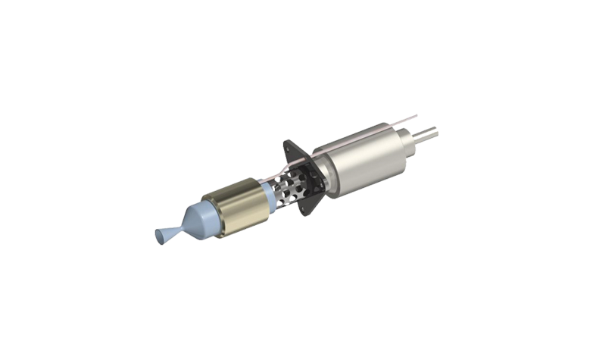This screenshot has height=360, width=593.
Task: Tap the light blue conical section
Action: [200, 220]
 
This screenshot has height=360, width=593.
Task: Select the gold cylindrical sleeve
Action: [241, 208]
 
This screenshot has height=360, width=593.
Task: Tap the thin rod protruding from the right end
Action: [429, 133]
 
